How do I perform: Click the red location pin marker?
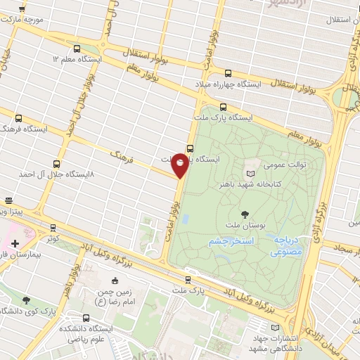180,165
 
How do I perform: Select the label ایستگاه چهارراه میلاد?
229,84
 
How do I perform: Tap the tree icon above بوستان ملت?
244,214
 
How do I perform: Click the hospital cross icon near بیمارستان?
15,243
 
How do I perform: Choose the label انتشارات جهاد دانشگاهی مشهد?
275,342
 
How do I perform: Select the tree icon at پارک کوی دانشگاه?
26,300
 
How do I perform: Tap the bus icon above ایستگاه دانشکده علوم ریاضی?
86,318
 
